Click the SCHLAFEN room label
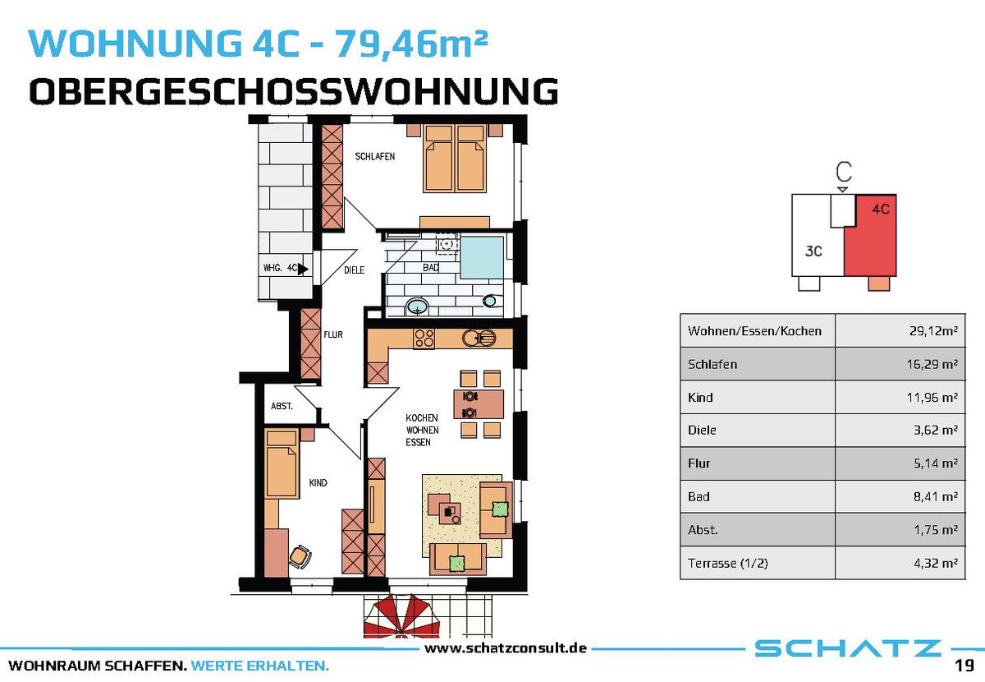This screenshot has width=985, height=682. (374, 156)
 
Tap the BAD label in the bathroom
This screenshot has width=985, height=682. (430, 267)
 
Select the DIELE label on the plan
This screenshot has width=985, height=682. (354, 270)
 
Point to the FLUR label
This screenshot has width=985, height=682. (333, 334)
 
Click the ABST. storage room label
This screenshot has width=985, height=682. (282, 406)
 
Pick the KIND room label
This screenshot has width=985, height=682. (318, 483)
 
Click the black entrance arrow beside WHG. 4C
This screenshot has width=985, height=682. (303, 268)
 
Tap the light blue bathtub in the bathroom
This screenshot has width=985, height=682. (482, 257)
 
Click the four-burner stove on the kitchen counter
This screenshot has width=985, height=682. (424, 339)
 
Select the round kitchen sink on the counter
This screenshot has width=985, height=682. (479, 339)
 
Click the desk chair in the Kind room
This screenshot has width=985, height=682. (300, 556)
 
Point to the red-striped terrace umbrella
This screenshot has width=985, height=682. (401, 616)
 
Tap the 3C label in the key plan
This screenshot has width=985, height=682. (813, 251)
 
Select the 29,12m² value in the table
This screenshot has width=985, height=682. (933, 330)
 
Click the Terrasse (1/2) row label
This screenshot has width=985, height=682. (728, 563)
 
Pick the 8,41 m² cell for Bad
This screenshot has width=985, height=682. (935, 496)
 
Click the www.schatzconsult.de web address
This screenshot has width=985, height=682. (506, 648)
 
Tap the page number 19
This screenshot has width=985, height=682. (964, 666)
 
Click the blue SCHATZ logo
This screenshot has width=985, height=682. (847, 648)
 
